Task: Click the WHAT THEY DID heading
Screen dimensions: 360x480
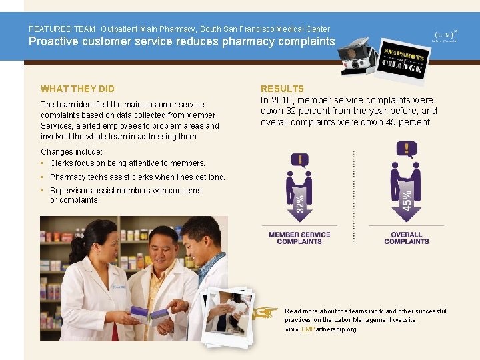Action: tap(77, 89)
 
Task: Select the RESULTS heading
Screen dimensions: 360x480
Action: tap(282, 89)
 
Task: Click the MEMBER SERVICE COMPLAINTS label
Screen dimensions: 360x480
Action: tap(299, 238)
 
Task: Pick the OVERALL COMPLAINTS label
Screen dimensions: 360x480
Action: tap(406, 238)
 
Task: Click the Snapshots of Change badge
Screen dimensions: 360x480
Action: tap(402, 59)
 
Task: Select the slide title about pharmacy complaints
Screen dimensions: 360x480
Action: tap(181, 41)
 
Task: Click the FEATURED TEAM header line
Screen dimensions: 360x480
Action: tap(179, 29)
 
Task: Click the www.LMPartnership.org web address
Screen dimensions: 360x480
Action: tap(321, 329)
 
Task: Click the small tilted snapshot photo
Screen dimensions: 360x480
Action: tap(228, 316)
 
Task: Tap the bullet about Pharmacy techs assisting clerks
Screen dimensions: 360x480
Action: tap(137, 177)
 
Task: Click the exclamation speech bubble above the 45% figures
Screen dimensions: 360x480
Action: tap(406, 149)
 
